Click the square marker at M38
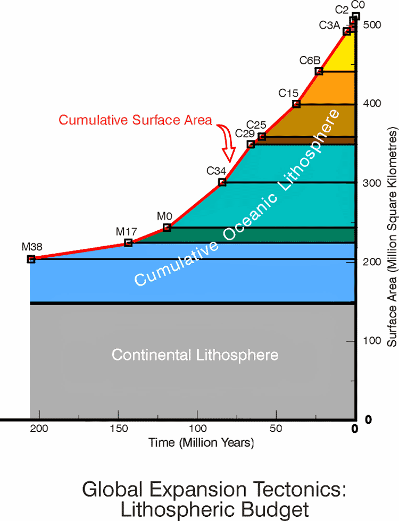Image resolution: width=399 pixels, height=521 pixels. pyautogui.click(x=31, y=259)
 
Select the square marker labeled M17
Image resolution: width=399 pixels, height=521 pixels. pyautogui.click(x=128, y=243)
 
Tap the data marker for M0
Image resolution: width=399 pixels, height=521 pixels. pyautogui.click(x=167, y=228)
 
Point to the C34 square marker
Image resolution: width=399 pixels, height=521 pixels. pyautogui.click(x=222, y=182)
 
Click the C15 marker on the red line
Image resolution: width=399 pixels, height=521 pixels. pyautogui.click(x=296, y=104)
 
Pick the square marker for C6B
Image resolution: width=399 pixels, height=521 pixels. pyautogui.click(x=319, y=71)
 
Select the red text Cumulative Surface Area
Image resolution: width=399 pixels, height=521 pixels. pyautogui.click(x=135, y=120)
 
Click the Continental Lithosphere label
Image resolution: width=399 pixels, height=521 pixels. pyautogui.click(x=195, y=355)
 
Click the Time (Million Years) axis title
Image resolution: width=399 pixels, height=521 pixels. pyautogui.click(x=201, y=443)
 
